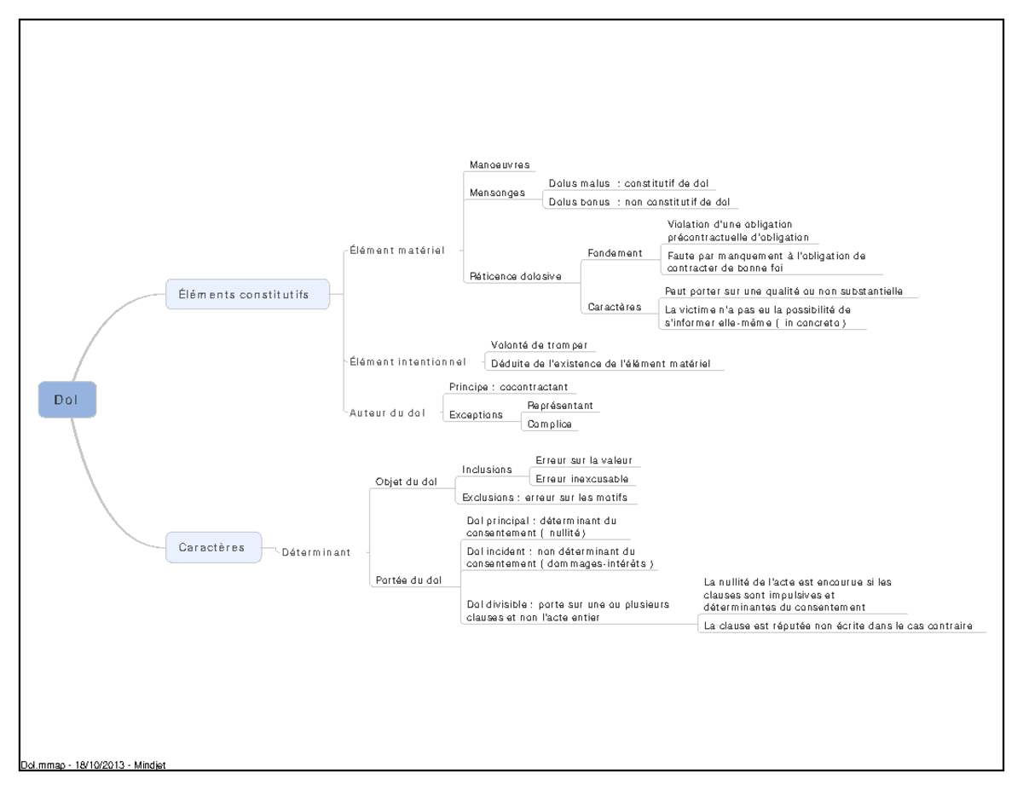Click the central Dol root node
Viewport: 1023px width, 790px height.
pos(67,400)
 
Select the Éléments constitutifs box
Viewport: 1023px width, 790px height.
pos(247,294)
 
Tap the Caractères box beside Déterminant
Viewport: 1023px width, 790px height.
pos(213,547)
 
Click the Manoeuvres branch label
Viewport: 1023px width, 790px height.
pos(499,164)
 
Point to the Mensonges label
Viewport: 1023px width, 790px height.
pos(497,193)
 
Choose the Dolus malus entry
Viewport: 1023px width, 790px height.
pos(627,183)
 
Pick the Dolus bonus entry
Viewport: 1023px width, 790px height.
pos(639,202)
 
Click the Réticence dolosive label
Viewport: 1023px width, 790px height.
pos(516,276)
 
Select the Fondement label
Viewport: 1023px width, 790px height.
pos(615,253)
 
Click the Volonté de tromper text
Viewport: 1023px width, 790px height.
pos(539,345)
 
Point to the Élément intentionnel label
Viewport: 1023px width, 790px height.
pos(407,362)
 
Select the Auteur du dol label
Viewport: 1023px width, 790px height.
pos(387,413)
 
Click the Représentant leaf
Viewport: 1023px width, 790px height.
pos(560,406)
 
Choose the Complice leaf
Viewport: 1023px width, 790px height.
pos(549,424)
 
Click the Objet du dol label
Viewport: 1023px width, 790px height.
pos(406,481)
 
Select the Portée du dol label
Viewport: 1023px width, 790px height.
pos(408,580)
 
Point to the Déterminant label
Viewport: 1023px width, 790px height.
pos(315,552)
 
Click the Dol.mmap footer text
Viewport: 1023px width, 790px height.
pos(91,765)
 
